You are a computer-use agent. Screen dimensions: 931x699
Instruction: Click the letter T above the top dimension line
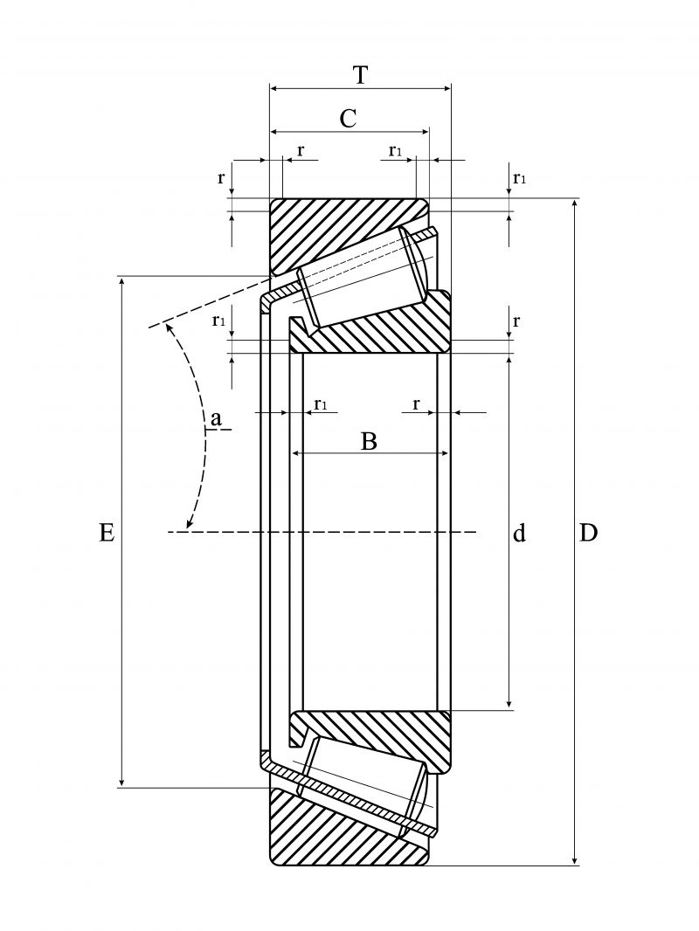pos(360,75)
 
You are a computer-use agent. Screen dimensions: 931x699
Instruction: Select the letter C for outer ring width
pos(348,119)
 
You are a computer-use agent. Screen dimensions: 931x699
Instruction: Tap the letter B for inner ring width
pos(369,441)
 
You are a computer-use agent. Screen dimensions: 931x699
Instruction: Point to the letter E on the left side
pos(107,533)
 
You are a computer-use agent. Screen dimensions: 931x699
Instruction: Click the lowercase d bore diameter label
pos(519,533)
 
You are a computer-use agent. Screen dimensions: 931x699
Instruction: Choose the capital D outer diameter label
pos(588,533)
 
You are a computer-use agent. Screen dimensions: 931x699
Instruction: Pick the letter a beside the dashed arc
pos(216,419)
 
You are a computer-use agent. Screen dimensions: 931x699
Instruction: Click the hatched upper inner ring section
pos(376,332)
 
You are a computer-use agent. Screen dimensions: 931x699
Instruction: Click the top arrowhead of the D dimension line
pos(575,205)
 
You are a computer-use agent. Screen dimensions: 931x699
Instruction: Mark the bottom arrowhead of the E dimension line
pos(121,782)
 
